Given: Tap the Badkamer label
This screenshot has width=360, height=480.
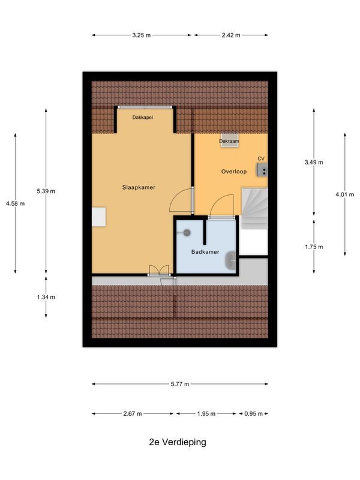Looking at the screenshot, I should [205, 252].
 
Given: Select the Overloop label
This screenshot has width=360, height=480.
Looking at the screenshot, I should [233, 171].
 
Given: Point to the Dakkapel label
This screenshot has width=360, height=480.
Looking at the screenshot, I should [142, 118].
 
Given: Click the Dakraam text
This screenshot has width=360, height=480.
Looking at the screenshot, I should [229, 142].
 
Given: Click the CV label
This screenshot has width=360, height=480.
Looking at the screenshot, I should [260, 158].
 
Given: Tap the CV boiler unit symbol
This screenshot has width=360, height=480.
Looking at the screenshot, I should [262, 170].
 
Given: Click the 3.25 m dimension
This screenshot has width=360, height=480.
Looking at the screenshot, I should [142, 35].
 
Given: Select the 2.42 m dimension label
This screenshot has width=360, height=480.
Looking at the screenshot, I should [231, 35].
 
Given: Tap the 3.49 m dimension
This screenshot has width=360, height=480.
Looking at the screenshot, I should [314, 162].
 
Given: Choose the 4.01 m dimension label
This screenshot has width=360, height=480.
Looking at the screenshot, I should [344, 194].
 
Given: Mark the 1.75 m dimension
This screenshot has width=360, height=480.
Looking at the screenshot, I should [314, 247].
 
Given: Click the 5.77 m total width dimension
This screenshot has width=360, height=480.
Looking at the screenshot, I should [179, 384].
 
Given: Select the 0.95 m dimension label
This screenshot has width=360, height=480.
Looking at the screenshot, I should [254, 413].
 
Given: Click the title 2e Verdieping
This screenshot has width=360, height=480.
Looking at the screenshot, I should [178, 442].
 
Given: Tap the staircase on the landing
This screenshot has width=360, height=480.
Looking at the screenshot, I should [254, 208].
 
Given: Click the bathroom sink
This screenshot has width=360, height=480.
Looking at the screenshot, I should [230, 260].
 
